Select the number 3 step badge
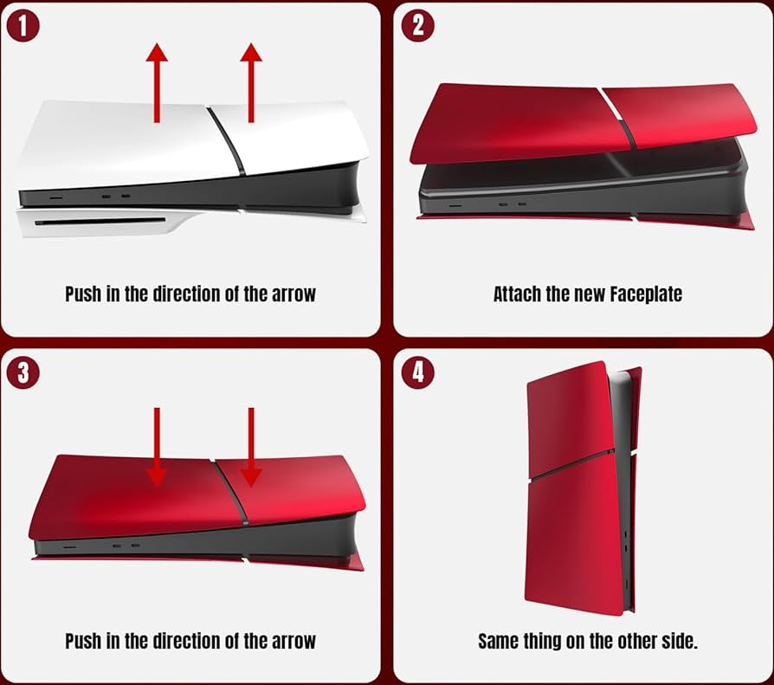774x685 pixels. (23, 372)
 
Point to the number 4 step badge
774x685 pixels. (417, 372)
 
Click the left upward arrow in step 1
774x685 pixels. (157, 82)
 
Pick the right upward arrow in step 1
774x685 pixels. (251, 82)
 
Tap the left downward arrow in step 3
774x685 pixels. (157, 447)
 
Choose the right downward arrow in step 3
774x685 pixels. (251, 447)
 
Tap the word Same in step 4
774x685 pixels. (498, 641)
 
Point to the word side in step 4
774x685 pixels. (680, 641)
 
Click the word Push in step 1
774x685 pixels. (83, 294)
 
